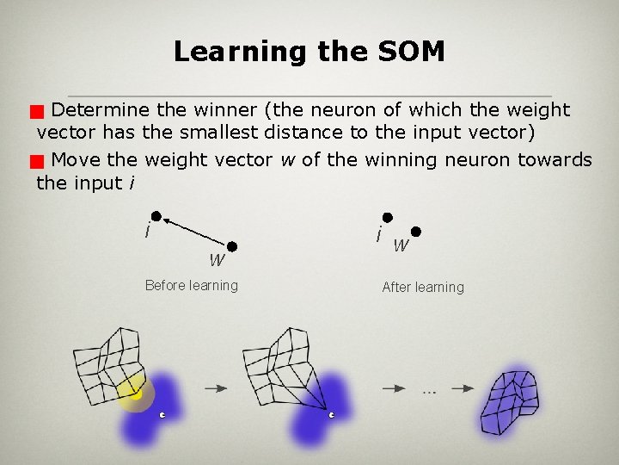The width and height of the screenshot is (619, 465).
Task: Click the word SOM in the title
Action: pyautogui.click(x=410, y=52)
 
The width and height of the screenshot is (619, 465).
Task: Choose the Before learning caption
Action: pyautogui.click(x=192, y=285)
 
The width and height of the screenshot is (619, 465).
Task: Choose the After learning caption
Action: pyautogui.click(x=422, y=287)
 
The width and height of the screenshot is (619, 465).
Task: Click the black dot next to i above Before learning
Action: pyautogui.click(x=156, y=216)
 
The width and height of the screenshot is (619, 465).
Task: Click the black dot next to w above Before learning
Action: pyautogui.click(x=231, y=246)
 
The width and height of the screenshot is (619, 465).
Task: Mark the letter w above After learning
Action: pyautogui.click(x=400, y=245)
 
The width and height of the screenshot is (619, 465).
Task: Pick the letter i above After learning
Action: pyautogui.click(x=378, y=233)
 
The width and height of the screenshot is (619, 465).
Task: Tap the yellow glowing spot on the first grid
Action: pyautogui.click(x=133, y=394)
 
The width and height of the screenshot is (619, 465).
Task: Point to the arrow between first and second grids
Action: pyautogui.click(x=216, y=388)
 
